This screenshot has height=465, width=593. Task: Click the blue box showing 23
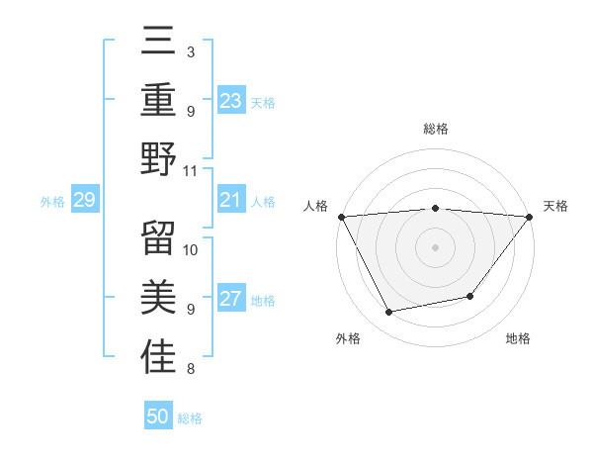pos(231,101)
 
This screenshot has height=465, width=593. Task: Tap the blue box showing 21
pos(231,201)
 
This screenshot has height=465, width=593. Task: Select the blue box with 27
pos(231,300)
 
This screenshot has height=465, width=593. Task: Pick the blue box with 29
pos(84,201)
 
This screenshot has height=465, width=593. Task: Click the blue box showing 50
pos(158,417)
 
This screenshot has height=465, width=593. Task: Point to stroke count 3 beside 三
pos(190,51)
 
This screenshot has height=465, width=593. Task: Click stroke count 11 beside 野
pos(191,171)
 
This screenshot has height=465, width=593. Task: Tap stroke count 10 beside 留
pos(191,249)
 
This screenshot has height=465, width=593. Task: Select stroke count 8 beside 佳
pos(190,370)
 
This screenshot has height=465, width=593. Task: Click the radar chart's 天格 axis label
pos(556,206)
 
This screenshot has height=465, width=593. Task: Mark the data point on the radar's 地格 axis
pos(470,296)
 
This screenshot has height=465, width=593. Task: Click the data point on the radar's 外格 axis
pos(389,313)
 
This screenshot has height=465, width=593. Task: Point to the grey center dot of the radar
pos(435,246)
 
